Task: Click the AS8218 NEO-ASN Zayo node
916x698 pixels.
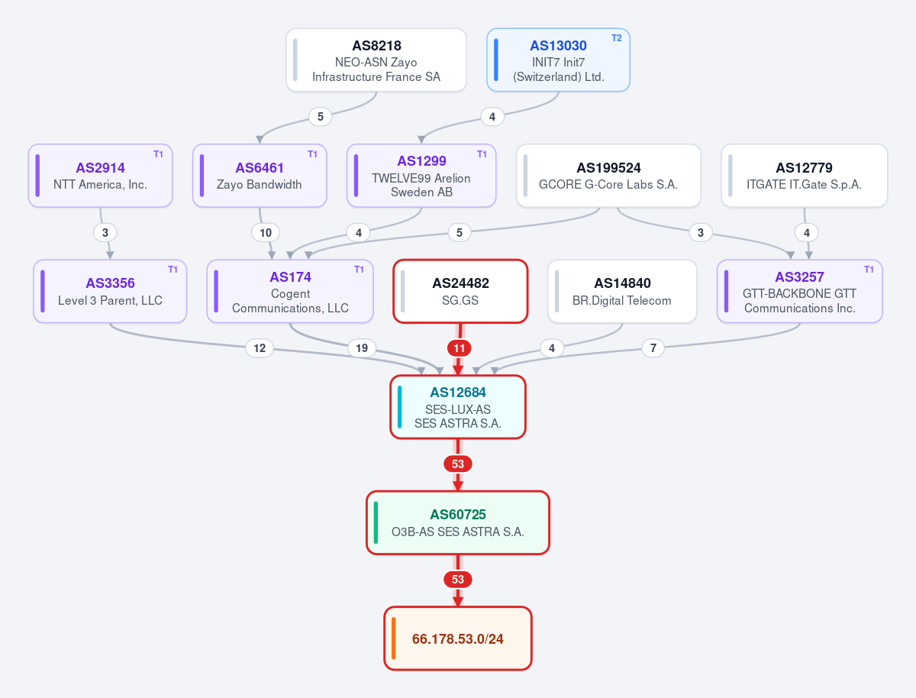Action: pos(376,60)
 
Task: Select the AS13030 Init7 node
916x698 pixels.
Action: pos(558,60)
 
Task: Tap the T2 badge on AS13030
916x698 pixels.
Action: pos(616,38)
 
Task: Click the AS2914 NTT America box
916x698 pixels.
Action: pos(100,176)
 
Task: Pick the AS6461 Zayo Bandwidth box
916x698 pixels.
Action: pos(259,176)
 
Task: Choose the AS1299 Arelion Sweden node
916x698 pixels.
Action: pos(421,176)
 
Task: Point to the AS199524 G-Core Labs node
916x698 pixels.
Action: pos(608,176)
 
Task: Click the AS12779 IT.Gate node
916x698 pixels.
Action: pos(804,176)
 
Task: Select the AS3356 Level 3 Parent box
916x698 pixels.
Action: pos(110,291)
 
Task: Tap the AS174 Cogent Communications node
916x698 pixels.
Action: pos(290,291)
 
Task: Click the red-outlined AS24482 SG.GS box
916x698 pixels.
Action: pos(460,291)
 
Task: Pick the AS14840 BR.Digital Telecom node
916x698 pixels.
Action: pos(622,291)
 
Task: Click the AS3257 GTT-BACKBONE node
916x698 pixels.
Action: pos(799,291)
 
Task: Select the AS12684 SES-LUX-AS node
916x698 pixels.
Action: pos(458,406)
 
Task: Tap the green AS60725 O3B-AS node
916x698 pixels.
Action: pos(458,522)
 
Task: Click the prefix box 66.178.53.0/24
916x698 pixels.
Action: pos(458,638)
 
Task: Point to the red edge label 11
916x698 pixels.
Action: pos(459,348)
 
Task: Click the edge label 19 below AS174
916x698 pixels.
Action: pos(361,348)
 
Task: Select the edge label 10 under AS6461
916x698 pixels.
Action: pos(266,232)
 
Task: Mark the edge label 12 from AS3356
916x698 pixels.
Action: pos(260,348)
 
